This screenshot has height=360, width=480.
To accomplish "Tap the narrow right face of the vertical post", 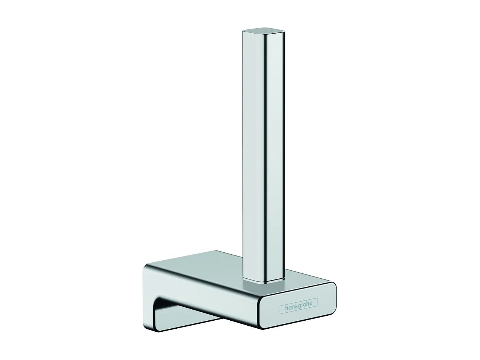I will (277, 153).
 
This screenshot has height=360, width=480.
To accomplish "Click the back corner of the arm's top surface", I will (216, 252).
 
